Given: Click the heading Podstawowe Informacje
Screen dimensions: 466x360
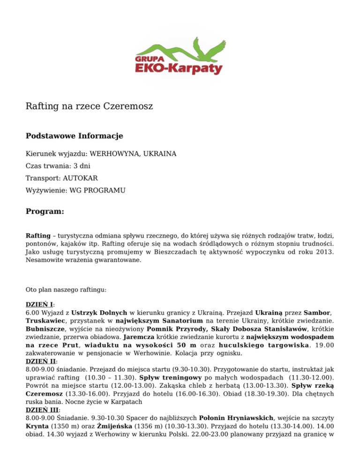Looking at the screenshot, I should tap(74, 136).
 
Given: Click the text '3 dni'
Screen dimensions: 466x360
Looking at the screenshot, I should tap(81, 166).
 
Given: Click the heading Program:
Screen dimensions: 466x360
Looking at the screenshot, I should tap(45, 212).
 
